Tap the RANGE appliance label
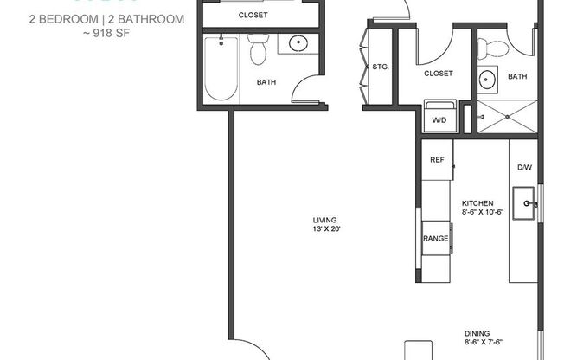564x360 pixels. [x=435, y=239]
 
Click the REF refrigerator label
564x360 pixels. [x=437, y=160]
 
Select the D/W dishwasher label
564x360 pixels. [x=524, y=167]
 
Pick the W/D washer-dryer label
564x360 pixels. [x=439, y=119]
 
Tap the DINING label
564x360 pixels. [x=477, y=333]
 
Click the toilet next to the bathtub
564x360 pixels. [x=257, y=50]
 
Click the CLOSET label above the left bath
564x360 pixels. [x=253, y=16]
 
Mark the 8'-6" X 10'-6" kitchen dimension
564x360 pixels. [x=482, y=212]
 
